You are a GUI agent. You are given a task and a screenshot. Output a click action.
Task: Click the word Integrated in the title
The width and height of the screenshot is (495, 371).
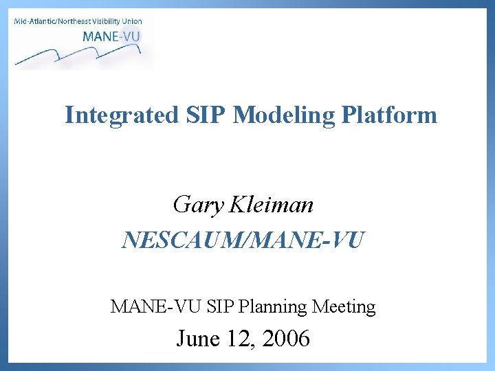(x=120, y=115)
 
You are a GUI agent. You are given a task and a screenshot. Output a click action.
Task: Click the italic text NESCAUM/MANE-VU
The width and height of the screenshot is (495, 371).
(x=243, y=240)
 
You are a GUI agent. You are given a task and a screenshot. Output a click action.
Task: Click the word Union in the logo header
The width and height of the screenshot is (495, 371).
(x=132, y=21)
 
